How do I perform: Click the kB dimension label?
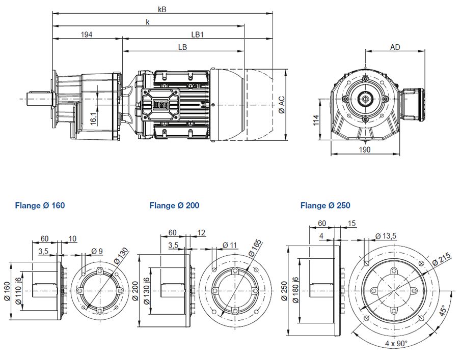162,10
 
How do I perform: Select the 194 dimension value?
87,35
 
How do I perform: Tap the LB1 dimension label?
198,35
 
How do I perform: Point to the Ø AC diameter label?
282,105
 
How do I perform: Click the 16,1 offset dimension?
93,118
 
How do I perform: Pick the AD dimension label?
395,47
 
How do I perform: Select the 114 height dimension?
316,120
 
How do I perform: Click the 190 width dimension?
365,150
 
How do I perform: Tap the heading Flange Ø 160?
40,205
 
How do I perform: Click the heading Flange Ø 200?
174,205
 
